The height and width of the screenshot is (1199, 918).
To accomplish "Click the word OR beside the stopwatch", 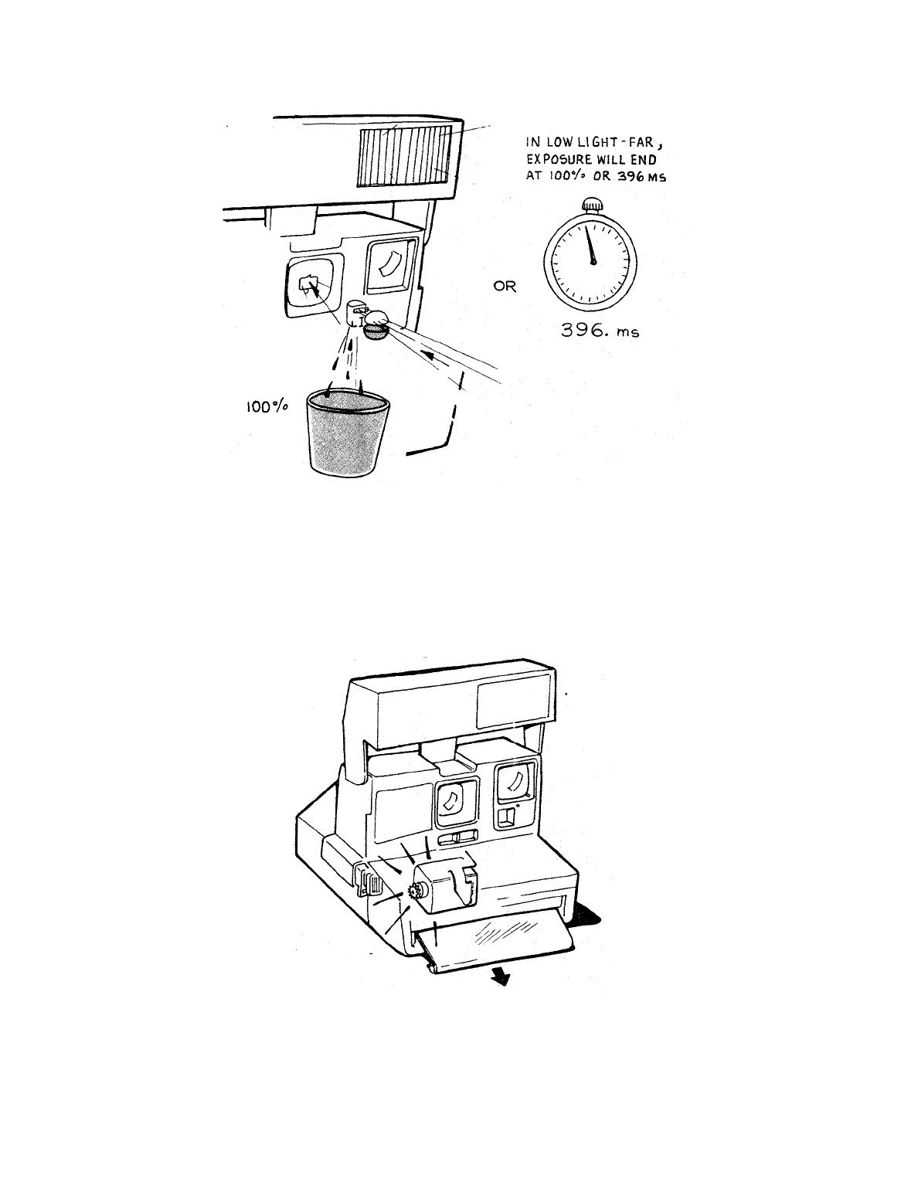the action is (x=505, y=287).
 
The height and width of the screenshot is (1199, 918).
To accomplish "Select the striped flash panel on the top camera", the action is (x=405, y=158).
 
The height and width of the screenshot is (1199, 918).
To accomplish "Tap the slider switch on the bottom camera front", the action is (x=457, y=838).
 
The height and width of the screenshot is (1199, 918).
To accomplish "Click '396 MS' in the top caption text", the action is (x=638, y=174).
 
